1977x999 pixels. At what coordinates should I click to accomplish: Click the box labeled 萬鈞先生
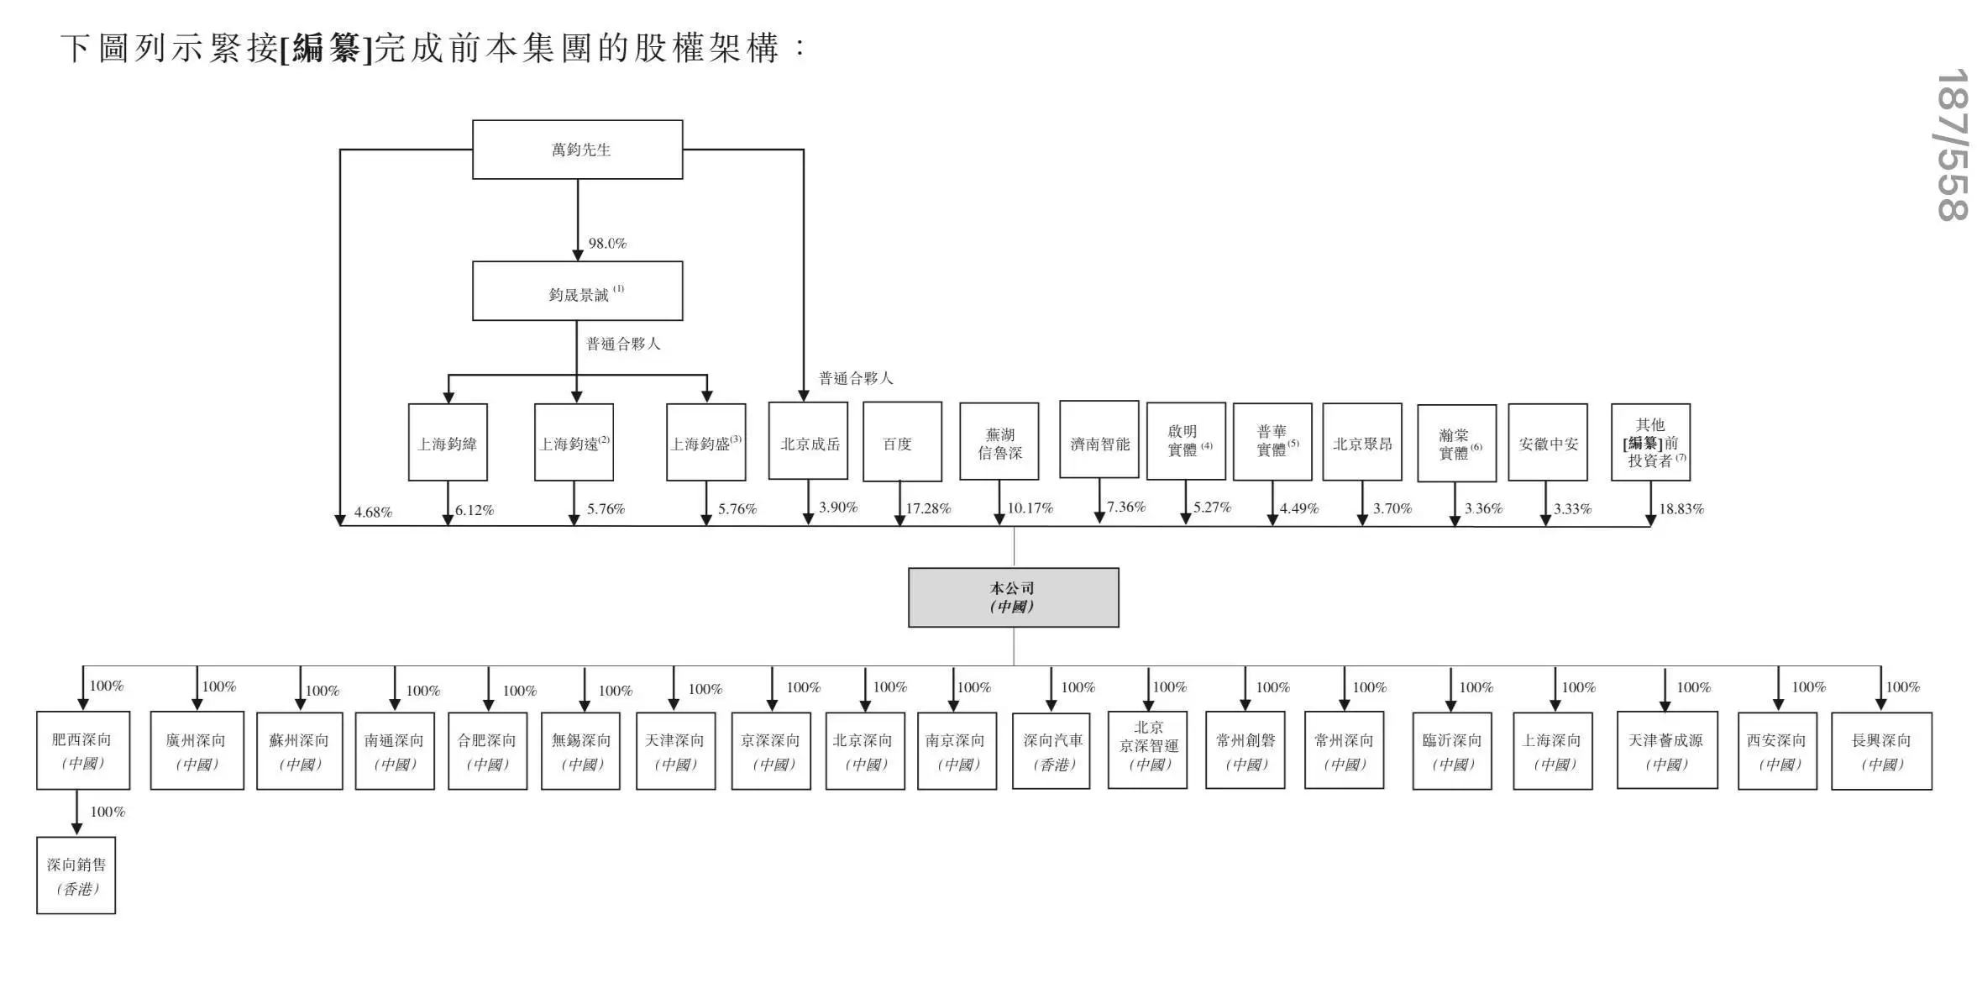(577, 150)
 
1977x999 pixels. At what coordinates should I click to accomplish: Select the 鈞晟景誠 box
(577, 291)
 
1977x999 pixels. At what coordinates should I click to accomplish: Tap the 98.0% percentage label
(607, 244)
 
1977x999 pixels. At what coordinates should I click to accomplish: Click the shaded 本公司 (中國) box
(1013, 597)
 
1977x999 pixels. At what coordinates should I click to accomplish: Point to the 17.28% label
(928, 508)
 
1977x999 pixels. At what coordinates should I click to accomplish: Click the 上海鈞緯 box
(448, 443)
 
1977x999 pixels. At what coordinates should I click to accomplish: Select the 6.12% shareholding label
(475, 510)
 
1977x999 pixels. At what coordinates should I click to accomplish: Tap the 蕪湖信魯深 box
(999, 442)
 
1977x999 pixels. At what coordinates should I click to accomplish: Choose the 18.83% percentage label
(1681, 508)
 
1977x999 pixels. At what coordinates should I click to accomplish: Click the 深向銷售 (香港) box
(76, 875)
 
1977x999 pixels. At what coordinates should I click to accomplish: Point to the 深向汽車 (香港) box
(1051, 750)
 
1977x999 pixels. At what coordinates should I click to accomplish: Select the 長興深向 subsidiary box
(1881, 750)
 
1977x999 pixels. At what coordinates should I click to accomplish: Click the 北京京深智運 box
(1147, 749)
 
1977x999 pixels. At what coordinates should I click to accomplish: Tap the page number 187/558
(1953, 145)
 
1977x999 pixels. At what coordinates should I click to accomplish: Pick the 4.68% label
(373, 513)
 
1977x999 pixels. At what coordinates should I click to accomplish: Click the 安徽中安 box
(1547, 443)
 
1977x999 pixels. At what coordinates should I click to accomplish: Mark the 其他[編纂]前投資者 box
(1650, 442)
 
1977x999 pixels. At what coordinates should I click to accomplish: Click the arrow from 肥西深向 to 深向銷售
(77, 812)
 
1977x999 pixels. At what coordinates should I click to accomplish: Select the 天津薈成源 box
(1666, 750)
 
